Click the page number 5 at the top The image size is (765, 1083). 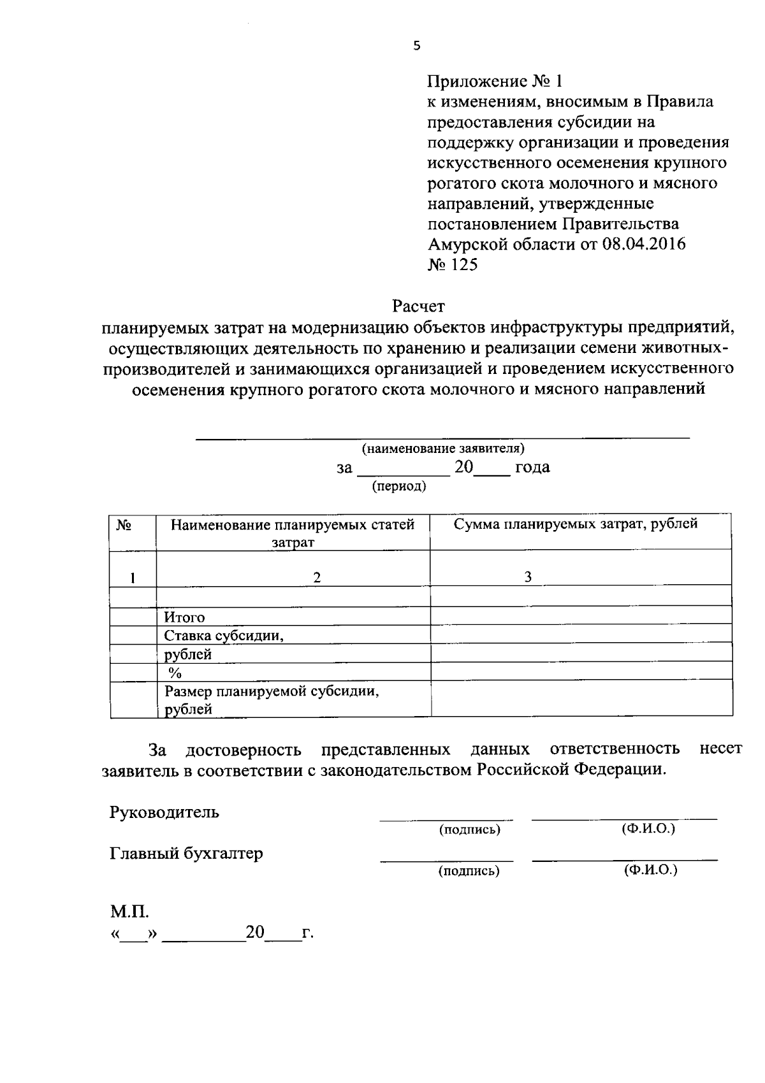[x=417, y=45]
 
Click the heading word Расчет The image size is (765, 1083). [x=418, y=306]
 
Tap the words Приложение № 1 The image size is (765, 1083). [x=495, y=82]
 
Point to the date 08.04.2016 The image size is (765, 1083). [x=643, y=245]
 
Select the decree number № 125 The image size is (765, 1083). [x=452, y=265]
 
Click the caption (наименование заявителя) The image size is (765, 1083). [x=443, y=448]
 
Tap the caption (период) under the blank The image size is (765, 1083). [x=399, y=486]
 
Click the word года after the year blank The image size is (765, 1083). [x=532, y=468]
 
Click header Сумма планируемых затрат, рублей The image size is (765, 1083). [x=575, y=524]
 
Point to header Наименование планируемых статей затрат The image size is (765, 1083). [x=293, y=533]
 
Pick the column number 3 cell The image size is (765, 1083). [x=528, y=577]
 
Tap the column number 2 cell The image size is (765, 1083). [x=316, y=577]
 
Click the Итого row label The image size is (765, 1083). [x=185, y=617]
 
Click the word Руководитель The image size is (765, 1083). [x=164, y=812]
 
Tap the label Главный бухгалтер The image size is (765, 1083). [x=186, y=853]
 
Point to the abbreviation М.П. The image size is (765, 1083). [x=130, y=912]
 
